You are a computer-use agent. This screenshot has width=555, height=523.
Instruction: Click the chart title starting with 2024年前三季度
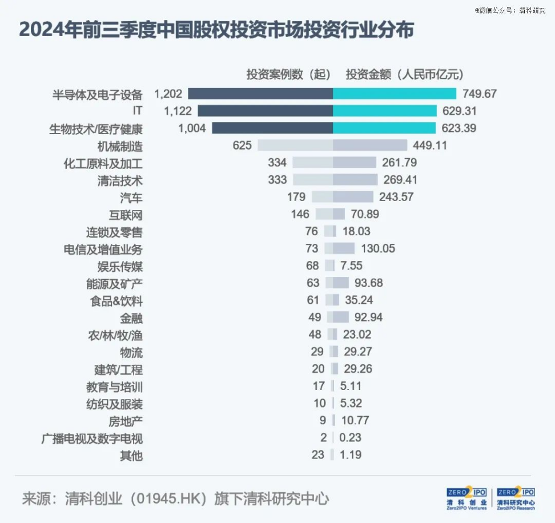[x=216, y=30]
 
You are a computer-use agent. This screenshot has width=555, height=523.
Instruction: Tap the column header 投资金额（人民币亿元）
[x=404, y=74]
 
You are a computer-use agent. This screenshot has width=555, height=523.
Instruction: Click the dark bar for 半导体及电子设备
[x=260, y=94]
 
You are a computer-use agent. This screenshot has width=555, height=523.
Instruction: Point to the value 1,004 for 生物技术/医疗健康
[x=192, y=128]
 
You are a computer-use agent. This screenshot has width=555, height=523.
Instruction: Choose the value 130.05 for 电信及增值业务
[x=377, y=248]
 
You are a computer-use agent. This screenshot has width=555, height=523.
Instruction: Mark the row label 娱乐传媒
[x=120, y=266]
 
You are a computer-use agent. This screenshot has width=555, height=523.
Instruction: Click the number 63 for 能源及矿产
[x=313, y=283]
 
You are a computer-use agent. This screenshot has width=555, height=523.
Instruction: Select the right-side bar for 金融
[x=341, y=317]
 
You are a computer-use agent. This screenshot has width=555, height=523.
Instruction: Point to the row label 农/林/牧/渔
[x=114, y=335]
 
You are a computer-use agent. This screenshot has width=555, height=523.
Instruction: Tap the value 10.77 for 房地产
[x=354, y=421]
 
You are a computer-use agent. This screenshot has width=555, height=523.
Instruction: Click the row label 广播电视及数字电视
[x=92, y=438]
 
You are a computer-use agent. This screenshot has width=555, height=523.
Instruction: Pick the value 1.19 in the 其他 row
[x=351, y=455]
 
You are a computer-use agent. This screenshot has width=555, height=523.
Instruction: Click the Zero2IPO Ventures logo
[x=466, y=498]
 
